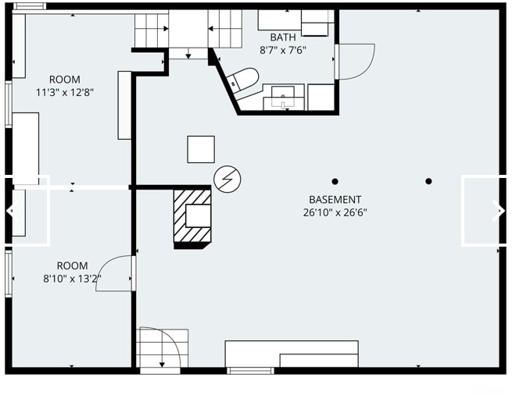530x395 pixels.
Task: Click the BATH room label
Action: pos(283,37)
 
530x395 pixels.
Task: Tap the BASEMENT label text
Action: pos(335,200)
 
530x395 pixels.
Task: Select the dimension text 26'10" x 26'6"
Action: pos(335,212)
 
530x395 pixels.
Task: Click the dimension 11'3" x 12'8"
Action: pos(65,92)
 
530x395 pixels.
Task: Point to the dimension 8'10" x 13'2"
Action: pos(72,279)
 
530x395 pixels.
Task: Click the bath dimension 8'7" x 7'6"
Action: pos(283,50)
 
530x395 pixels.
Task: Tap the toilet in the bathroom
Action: pos(242,80)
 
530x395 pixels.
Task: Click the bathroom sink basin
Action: pos(283,97)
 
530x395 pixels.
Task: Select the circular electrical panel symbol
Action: pos(227,179)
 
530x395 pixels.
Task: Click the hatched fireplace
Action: pos(192,215)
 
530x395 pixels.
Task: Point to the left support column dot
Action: pos(335,181)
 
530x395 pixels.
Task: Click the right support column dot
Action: pos(428,181)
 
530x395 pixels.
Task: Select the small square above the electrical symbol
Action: pos(201,149)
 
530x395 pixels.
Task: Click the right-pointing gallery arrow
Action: pos(498,211)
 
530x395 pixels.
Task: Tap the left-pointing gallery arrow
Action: pos(11,211)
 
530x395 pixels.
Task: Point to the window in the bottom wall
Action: pos(250,371)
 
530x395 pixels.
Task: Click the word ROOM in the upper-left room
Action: pos(65,80)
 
